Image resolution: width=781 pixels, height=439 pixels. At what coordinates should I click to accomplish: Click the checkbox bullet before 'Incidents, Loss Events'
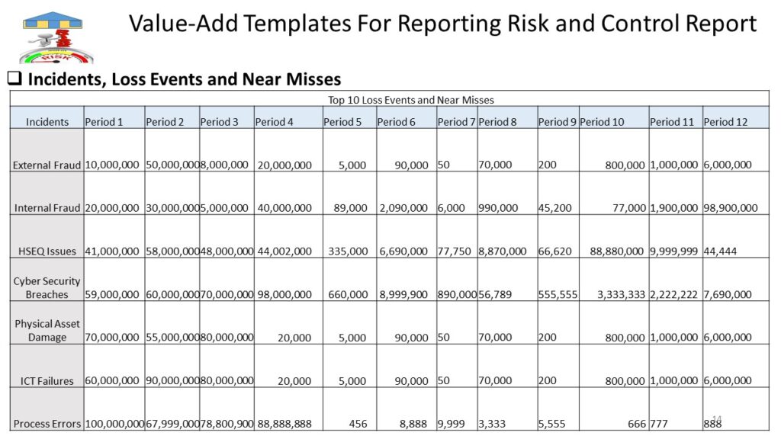(15, 79)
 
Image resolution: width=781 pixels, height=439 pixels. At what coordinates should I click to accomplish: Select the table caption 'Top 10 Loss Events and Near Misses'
(411, 100)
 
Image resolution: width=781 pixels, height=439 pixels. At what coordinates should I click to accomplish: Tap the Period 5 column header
(342, 122)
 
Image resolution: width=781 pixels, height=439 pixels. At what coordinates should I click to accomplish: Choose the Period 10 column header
(602, 122)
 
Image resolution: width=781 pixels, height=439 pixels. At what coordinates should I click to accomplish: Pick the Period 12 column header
(725, 122)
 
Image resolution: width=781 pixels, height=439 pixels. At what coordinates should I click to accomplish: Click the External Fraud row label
(47, 165)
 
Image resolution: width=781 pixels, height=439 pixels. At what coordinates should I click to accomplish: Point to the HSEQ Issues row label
(47, 252)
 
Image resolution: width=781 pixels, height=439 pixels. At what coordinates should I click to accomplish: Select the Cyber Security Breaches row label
(47, 287)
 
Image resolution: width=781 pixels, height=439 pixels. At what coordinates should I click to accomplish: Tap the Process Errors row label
(47, 424)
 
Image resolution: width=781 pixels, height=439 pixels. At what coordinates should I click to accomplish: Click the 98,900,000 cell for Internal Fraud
(730, 208)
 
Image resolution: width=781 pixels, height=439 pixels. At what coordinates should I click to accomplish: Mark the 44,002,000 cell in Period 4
(284, 252)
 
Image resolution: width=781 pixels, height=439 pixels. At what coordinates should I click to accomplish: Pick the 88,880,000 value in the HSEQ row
(616, 252)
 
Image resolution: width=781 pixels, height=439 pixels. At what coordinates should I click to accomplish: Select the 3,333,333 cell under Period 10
(621, 295)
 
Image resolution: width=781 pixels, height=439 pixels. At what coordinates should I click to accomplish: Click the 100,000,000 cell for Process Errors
(114, 424)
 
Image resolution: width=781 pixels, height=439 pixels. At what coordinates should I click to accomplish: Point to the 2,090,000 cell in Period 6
(403, 208)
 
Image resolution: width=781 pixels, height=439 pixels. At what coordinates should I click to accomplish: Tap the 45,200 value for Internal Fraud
(555, 208)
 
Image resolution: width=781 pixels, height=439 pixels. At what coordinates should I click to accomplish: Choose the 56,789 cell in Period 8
(495, 295)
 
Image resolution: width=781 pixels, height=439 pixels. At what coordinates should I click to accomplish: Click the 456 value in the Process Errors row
(358, 424)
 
